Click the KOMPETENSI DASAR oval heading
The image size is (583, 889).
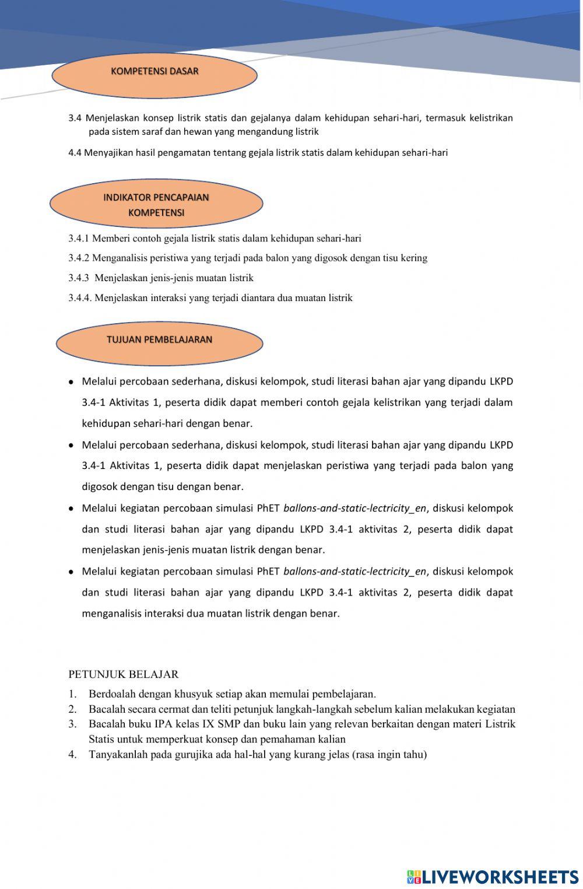coord(154,72)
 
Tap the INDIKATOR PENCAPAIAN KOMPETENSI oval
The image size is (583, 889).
coord(156,205)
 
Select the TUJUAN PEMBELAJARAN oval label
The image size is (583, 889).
coord(159,340)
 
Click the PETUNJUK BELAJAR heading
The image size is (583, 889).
coord(123,674)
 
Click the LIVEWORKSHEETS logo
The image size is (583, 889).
coord(493,877)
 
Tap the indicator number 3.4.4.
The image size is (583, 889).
coord(79,298)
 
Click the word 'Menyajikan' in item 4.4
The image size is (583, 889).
coord(109,153)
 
